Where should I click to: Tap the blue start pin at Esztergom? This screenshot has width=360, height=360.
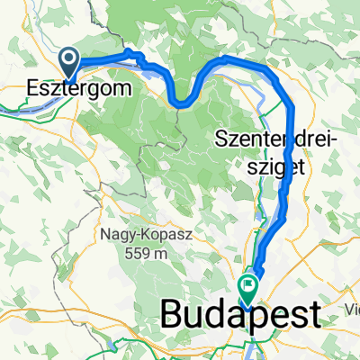pyautogui.click(x=69, y=62)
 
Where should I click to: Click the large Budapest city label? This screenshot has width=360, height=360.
pyautogui.click(x=240, y=316)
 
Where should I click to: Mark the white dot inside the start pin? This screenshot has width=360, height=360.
pyautogui.click(x=69, y=59)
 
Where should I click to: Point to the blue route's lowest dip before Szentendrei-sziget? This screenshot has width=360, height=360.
pyautogui.click(x=181, y=103)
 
